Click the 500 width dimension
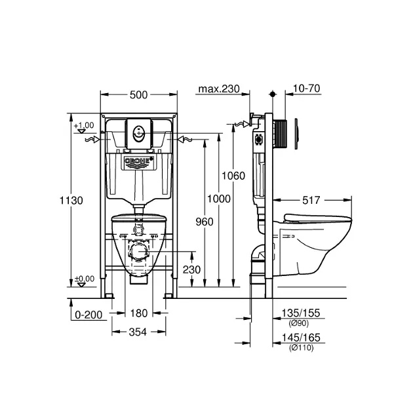click(138, 95)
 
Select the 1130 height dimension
click(71, 201)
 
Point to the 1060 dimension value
click(233, 176)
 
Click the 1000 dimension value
click(218, 199)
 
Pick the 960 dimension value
click(205, 222)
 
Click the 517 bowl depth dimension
click(311, 200)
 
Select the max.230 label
click(219, 88)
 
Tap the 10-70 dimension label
click(306, 88)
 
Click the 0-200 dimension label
click(88, 315)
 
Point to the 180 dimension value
click(139, 313)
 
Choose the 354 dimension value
click(138, 332)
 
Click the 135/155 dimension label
click(301, 313)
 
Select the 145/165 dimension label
click(301, 338)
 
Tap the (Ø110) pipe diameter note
click(301, 347)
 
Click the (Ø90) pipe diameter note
click(299, 323)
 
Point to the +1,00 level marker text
click(84, 125)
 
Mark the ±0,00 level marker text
click(85, 279)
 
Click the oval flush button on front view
click(139, 133)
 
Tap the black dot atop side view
click(273, 94)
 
